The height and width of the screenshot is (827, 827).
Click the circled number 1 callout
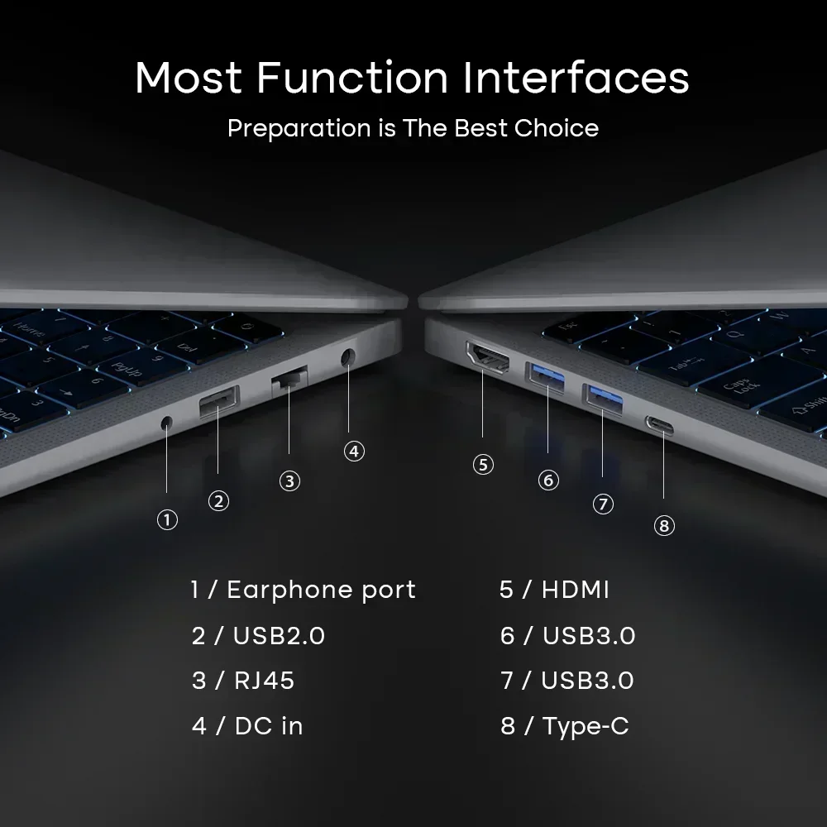167,520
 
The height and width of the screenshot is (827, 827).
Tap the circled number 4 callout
354,451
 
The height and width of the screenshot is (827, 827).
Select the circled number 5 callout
483,465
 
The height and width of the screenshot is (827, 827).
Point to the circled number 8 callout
664,525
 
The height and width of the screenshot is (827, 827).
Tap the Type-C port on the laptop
659,425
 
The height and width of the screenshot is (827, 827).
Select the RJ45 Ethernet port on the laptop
289,379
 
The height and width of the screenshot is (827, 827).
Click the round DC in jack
347,357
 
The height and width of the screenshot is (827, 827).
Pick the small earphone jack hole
167,422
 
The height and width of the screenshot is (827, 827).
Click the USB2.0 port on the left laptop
219,401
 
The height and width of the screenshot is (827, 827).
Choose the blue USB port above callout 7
603,399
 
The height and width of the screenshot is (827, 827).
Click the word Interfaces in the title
576,78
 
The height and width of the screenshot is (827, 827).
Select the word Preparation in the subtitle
299,129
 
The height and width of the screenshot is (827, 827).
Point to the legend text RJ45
265,681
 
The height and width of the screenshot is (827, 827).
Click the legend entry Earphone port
321,590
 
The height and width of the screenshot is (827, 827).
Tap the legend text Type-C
586,727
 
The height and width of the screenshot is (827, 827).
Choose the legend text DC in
269,726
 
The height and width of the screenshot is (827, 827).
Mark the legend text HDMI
576,590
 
